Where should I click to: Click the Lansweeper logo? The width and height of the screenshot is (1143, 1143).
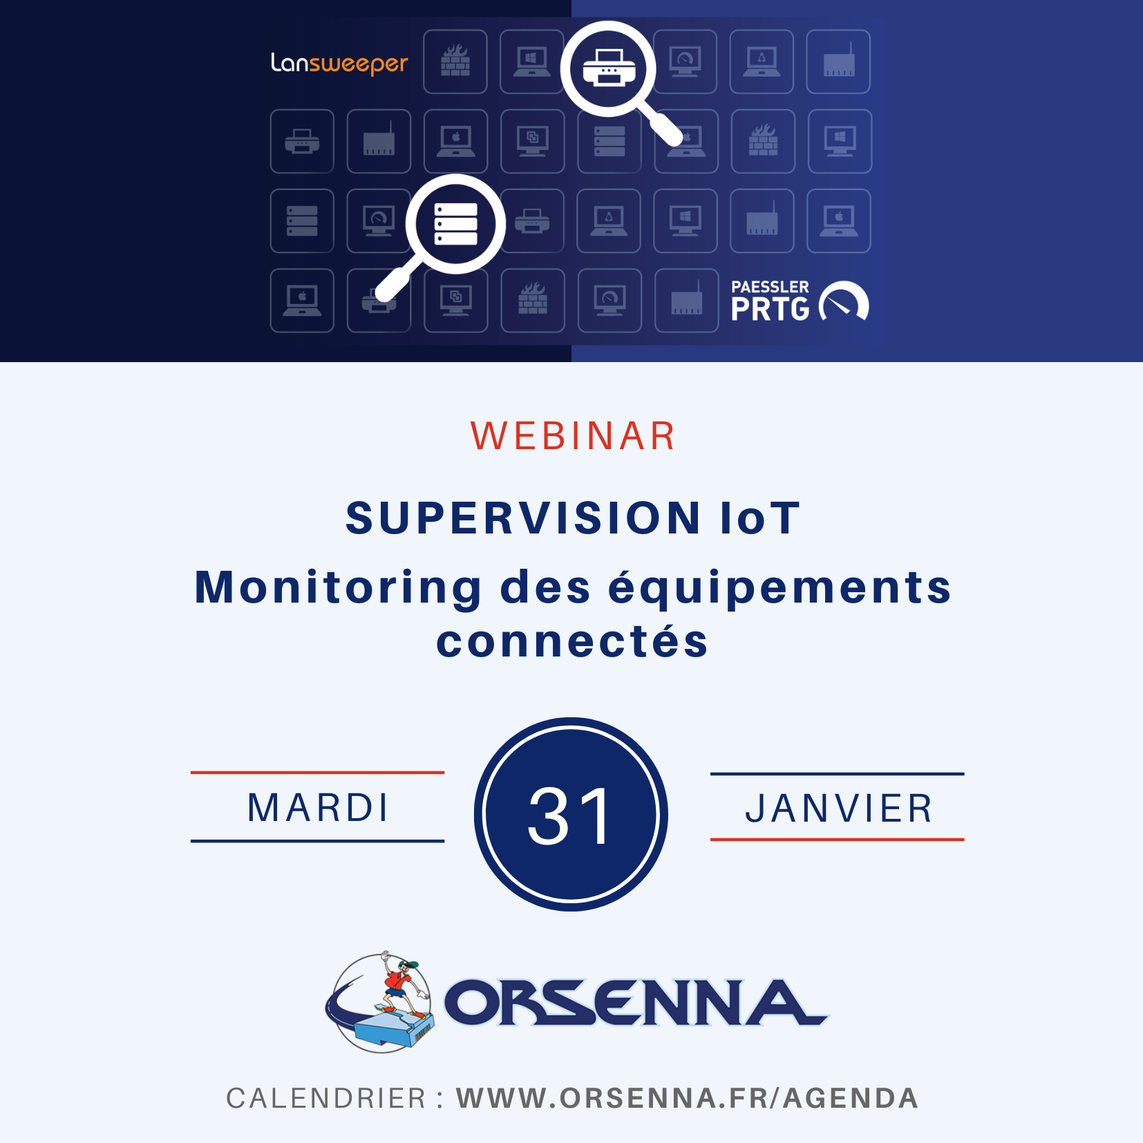(x=339, y=64)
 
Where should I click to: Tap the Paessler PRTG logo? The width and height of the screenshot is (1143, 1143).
(x=800, y=301)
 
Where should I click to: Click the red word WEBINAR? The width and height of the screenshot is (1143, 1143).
(x=572, y=436)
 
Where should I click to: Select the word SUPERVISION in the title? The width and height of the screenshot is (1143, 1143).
(x=523, y=518)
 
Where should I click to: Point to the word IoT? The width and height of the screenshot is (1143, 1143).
(x=760, y=518)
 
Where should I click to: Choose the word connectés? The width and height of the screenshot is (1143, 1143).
(x=572, y=641)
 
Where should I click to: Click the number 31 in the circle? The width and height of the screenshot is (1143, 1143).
(x=570, y=816)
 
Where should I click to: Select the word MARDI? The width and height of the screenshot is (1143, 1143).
(x=318, y=808)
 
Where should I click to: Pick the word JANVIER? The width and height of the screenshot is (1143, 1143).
(x=838, y=809)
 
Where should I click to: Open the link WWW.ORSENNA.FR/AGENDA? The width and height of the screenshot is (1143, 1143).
(x=687, y=1098)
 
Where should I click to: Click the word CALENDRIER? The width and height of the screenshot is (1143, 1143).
(x=325, y=1098)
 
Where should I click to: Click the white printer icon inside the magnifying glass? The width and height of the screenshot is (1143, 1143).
(x=609, y=68)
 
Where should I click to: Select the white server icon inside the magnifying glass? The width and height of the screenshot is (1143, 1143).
(x=455, y=224)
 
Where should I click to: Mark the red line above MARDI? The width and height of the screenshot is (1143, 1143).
(x=317, y=773)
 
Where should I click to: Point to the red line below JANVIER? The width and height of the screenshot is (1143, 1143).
(x=837, y=840)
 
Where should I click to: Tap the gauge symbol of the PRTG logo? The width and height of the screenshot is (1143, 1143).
(x=844, y=300)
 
